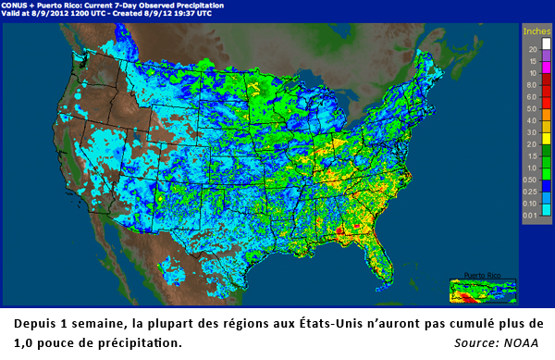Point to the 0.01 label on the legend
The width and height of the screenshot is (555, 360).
pos(533,215)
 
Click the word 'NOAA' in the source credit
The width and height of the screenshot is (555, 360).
pos(524,344)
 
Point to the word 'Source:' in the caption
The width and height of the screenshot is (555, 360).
pos(477,344)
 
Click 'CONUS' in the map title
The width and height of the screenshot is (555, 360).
pos(17,6)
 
